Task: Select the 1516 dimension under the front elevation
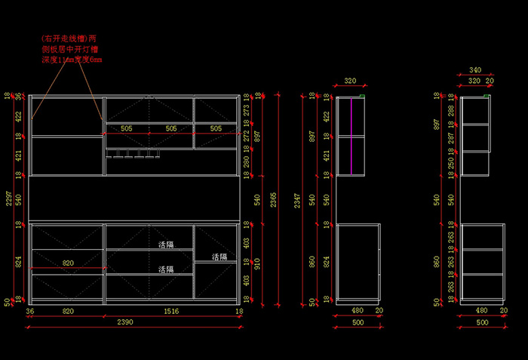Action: [171, 310]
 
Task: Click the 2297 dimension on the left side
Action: [8, 198]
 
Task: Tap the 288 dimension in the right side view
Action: [451, 110]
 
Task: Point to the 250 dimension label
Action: [451, 162]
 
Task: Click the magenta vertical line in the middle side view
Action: [351, 136]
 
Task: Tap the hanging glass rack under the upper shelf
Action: [134, 156]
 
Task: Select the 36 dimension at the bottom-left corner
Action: [30, 310]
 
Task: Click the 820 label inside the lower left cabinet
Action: [68, 263]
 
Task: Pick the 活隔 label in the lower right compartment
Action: [219, 257]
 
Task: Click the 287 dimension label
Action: [451, 138]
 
